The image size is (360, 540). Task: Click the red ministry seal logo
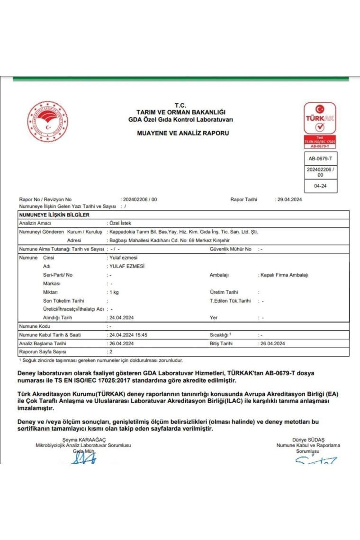point(48,122)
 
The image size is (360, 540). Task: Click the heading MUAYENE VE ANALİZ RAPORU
point(183,133)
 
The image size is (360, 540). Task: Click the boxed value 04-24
point(320,186)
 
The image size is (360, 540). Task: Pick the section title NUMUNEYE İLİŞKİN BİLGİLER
point(54,215)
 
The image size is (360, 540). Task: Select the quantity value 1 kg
point(114,292)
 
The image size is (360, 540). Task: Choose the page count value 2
point(110,352)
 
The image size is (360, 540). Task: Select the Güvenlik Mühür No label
point(231,249)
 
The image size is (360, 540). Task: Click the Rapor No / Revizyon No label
point(45,199)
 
